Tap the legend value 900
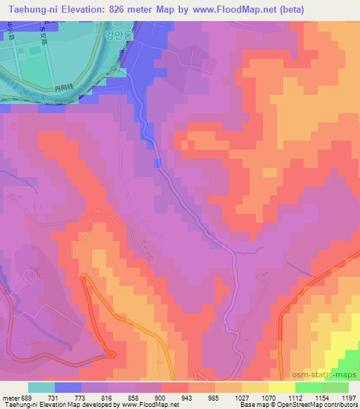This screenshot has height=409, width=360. pyautogui.click(x=158, y=397)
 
